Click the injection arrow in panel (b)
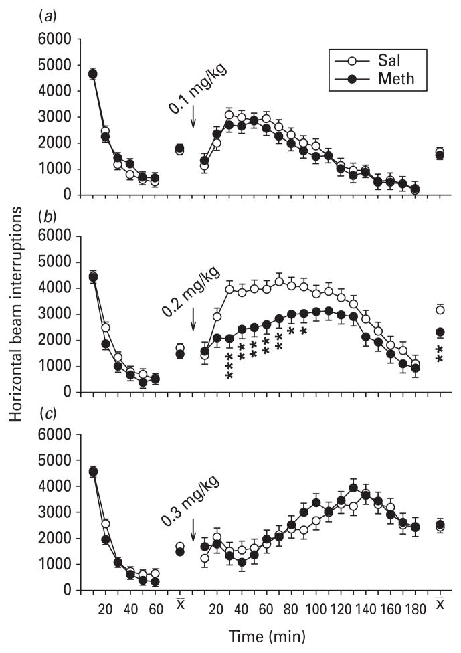(193, 318)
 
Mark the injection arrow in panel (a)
(193, 116)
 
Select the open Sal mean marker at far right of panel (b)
(440, 309)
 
